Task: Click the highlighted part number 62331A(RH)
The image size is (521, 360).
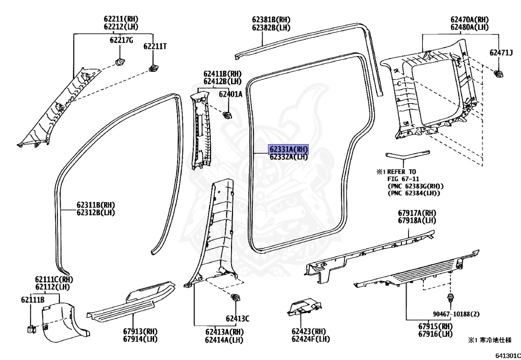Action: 289,149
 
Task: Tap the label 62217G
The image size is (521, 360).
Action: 122,40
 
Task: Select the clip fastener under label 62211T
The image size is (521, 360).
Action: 152,68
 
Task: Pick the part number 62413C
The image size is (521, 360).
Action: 238,319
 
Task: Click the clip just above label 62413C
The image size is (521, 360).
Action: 236,298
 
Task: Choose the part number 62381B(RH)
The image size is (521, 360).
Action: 271,20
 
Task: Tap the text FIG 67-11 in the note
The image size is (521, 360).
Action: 396,179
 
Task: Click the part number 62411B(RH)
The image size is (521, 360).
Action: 222,74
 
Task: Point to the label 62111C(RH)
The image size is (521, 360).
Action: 54,280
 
